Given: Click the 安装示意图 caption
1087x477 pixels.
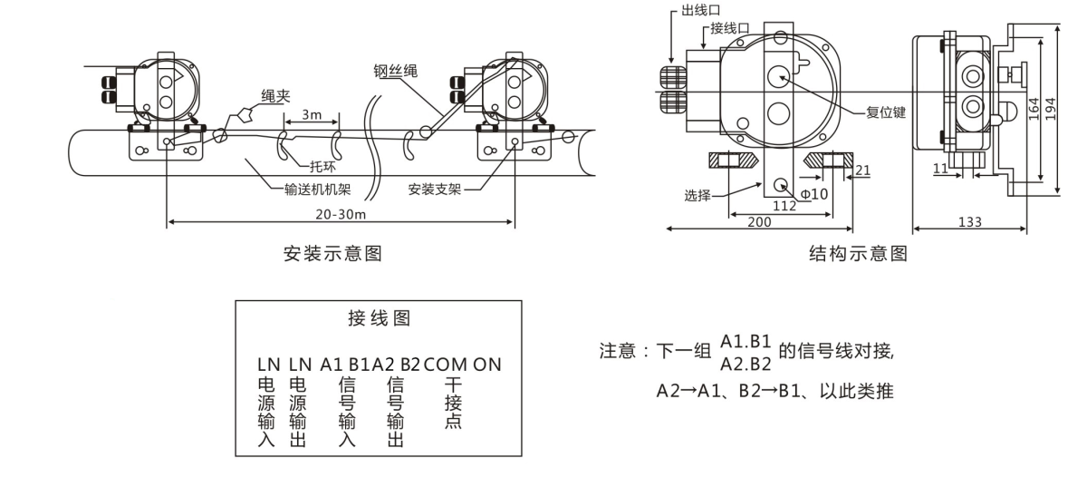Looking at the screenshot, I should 332,254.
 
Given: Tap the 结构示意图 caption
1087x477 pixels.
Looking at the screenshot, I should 857,254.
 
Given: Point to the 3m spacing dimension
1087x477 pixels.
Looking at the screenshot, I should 311,116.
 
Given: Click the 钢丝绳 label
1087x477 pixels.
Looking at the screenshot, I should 396,70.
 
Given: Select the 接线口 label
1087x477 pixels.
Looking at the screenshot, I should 728,28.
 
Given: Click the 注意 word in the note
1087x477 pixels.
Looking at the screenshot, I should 618,352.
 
